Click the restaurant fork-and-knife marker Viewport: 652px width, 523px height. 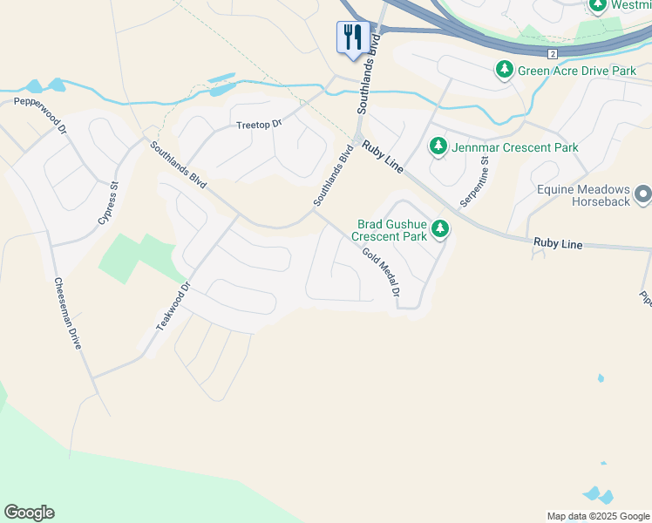[352, 37]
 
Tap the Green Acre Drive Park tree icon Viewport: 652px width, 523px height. [504, 70]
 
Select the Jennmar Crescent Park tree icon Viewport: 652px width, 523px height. [438, 147]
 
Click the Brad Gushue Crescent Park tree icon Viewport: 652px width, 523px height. [441, 229]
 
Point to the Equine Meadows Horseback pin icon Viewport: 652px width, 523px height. [643, 194]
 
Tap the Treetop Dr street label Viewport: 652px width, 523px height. [260, 125]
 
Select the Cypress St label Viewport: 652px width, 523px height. [107, 203]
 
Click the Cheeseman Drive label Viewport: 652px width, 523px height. [67, 313]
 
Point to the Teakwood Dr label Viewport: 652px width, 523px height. [172, 305]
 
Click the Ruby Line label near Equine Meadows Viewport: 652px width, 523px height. [556, 245]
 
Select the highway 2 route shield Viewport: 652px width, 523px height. [553, 53]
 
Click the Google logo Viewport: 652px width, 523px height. [29, 513]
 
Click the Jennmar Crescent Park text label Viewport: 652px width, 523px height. [515, 147]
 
